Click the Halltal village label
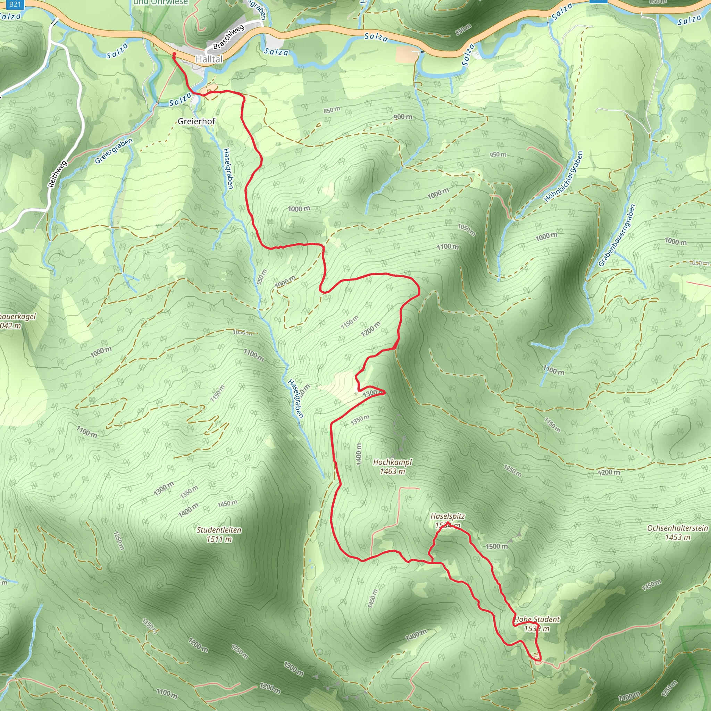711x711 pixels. [209, 59]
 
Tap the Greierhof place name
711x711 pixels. [196, 121]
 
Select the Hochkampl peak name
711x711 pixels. [392, 462]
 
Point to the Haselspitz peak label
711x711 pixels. [447, 516]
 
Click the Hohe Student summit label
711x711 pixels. [537, 619]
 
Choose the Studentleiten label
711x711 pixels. [219, 530]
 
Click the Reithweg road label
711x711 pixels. [57, 174]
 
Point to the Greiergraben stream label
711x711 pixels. [114, 151]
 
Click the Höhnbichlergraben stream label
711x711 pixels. [563, 177]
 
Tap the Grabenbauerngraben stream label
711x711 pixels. [617, 235]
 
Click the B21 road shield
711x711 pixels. [15, 5]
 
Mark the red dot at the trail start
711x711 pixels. [174, 55]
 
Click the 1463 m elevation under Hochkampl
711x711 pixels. [392, 471]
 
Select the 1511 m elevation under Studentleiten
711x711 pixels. [219, 539]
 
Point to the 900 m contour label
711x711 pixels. [403, 117]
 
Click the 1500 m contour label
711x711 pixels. [496, 546]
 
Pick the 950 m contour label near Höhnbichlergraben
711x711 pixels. [497, 154]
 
